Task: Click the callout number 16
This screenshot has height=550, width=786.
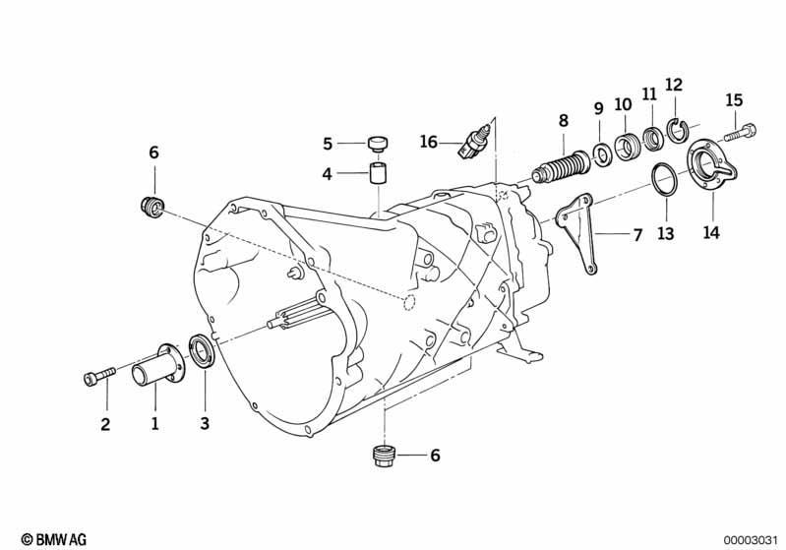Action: pos(429,142)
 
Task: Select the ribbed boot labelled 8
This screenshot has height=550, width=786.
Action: pos(562,166)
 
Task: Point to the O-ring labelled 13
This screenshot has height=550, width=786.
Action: pos(665,179)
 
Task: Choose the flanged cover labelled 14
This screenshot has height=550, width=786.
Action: pos(712,164)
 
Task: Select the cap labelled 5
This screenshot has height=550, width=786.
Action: pos(379,143)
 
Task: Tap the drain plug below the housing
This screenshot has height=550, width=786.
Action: pos(385,456)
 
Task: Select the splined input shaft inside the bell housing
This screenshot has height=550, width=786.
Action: pos(296,316)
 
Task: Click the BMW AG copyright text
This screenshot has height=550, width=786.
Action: pos(54,539)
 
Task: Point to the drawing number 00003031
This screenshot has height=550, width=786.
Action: pos(749,540)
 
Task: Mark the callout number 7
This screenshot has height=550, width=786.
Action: pos(637,234)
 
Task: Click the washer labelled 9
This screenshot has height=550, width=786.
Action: pos(602,154)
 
